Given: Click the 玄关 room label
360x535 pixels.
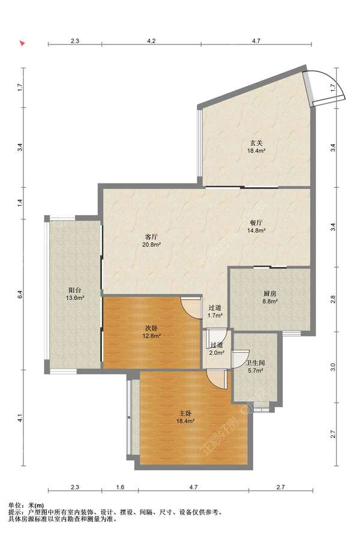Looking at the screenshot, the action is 256,143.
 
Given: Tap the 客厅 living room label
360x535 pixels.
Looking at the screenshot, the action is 151,237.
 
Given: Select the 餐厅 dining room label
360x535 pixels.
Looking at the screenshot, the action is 256,223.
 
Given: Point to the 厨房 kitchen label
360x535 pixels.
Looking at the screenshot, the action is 270,293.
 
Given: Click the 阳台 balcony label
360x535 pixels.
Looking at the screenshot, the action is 75,290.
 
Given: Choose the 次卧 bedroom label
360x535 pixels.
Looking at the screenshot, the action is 152,328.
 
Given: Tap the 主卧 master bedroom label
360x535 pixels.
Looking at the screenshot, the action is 185,414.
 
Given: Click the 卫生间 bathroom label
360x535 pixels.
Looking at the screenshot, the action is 256,363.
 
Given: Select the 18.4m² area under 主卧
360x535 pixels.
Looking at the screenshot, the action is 185,422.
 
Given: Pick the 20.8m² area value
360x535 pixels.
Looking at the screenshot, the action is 152,245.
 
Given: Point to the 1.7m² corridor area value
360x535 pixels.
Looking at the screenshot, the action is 215,315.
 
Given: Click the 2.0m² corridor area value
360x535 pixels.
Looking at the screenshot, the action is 217,353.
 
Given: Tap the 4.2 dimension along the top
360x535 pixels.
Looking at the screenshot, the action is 151,41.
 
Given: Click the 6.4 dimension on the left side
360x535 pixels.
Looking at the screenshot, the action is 20,294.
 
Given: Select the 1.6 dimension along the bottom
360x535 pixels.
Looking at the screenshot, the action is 120,487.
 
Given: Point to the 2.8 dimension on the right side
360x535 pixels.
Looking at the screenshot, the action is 334,299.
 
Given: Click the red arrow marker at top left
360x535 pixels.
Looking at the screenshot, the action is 23,43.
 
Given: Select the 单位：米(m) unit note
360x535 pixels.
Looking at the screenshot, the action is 26,506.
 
